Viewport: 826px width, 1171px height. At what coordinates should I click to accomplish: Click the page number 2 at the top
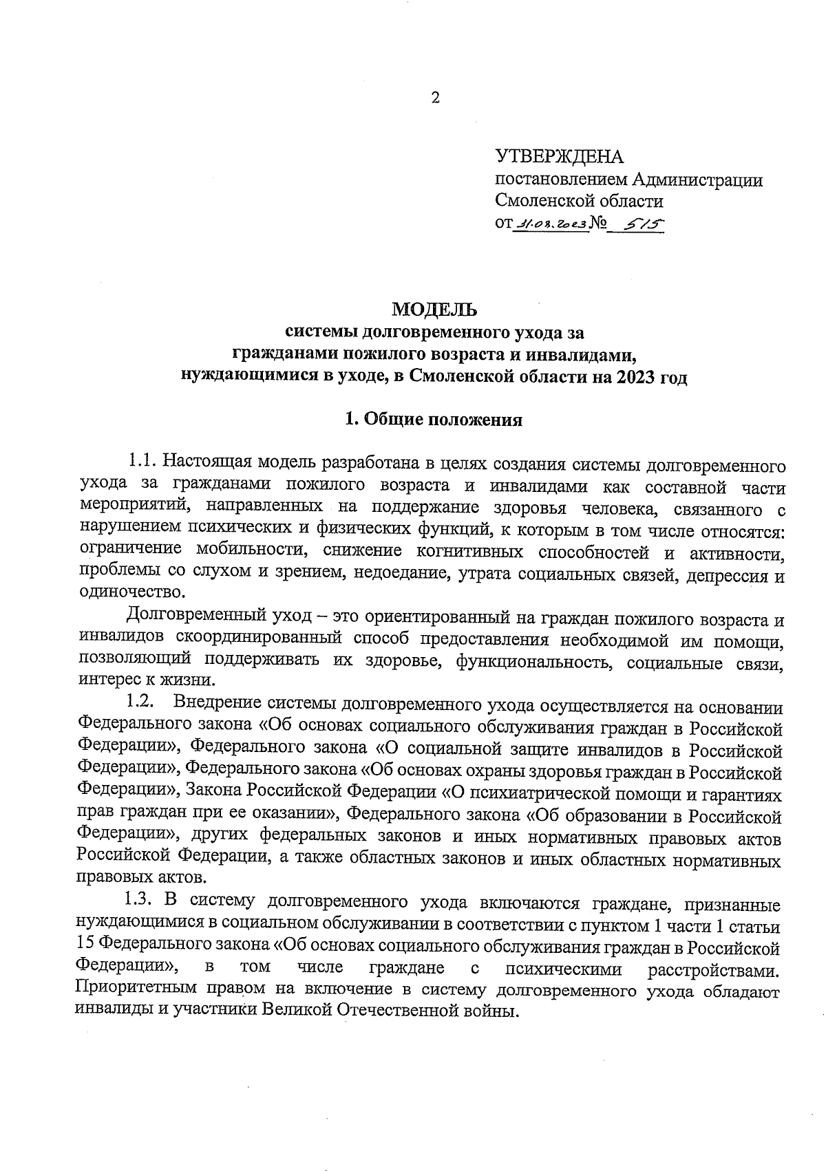point(434,98)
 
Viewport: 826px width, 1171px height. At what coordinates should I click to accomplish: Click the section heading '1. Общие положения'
point(434,420)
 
